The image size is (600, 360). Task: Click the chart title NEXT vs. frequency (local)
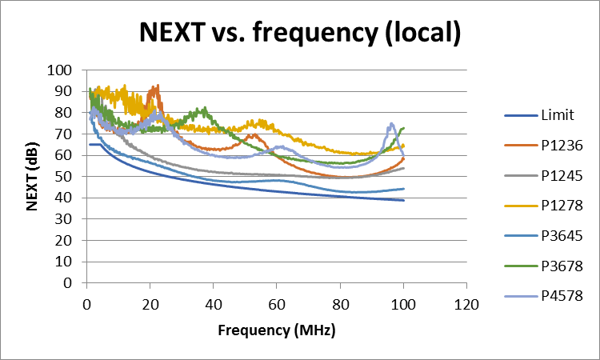tap(299, 33)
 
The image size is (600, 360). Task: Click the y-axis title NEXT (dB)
tap(34, 176)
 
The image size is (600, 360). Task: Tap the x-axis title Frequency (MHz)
tap(276, 330)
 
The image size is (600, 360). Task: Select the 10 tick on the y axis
tap(65, 262)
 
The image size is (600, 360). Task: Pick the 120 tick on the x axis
tap(466, 304)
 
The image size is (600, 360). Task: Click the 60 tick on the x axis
tap(277, 304)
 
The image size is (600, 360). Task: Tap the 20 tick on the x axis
tap(150, 304)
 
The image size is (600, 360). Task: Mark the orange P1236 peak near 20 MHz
tap(157, 86)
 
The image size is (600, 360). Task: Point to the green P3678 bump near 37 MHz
tap(205, 108)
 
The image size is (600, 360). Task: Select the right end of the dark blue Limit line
tap(403, 200)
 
